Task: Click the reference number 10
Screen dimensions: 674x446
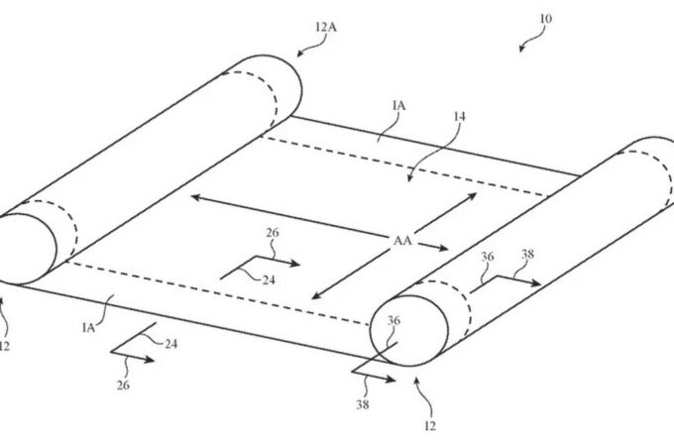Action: [545, 19]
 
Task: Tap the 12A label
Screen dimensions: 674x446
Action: [325, 28]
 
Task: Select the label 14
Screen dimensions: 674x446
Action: [459, 116]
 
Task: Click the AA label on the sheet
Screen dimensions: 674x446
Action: [402, 240]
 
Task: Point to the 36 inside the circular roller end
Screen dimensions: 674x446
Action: [393, 320]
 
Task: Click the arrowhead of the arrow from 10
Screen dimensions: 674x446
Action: [521, 48]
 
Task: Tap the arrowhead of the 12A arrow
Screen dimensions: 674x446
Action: [301, 53]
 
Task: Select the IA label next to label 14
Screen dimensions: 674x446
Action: [398, 106]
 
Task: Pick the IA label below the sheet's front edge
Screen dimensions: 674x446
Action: [88, 328]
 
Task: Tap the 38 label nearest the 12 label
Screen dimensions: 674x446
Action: [362, 404]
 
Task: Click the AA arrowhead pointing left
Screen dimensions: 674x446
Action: [195, 197]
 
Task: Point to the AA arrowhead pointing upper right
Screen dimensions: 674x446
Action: [472, 196]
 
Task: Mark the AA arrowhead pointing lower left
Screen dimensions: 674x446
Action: [317, 295]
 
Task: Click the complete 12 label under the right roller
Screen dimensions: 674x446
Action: [430, 426]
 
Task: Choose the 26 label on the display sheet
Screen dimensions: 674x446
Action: [273, 233]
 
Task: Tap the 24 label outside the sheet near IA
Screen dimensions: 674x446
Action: [171, 344]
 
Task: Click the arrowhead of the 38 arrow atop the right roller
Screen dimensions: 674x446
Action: [535, 282]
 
